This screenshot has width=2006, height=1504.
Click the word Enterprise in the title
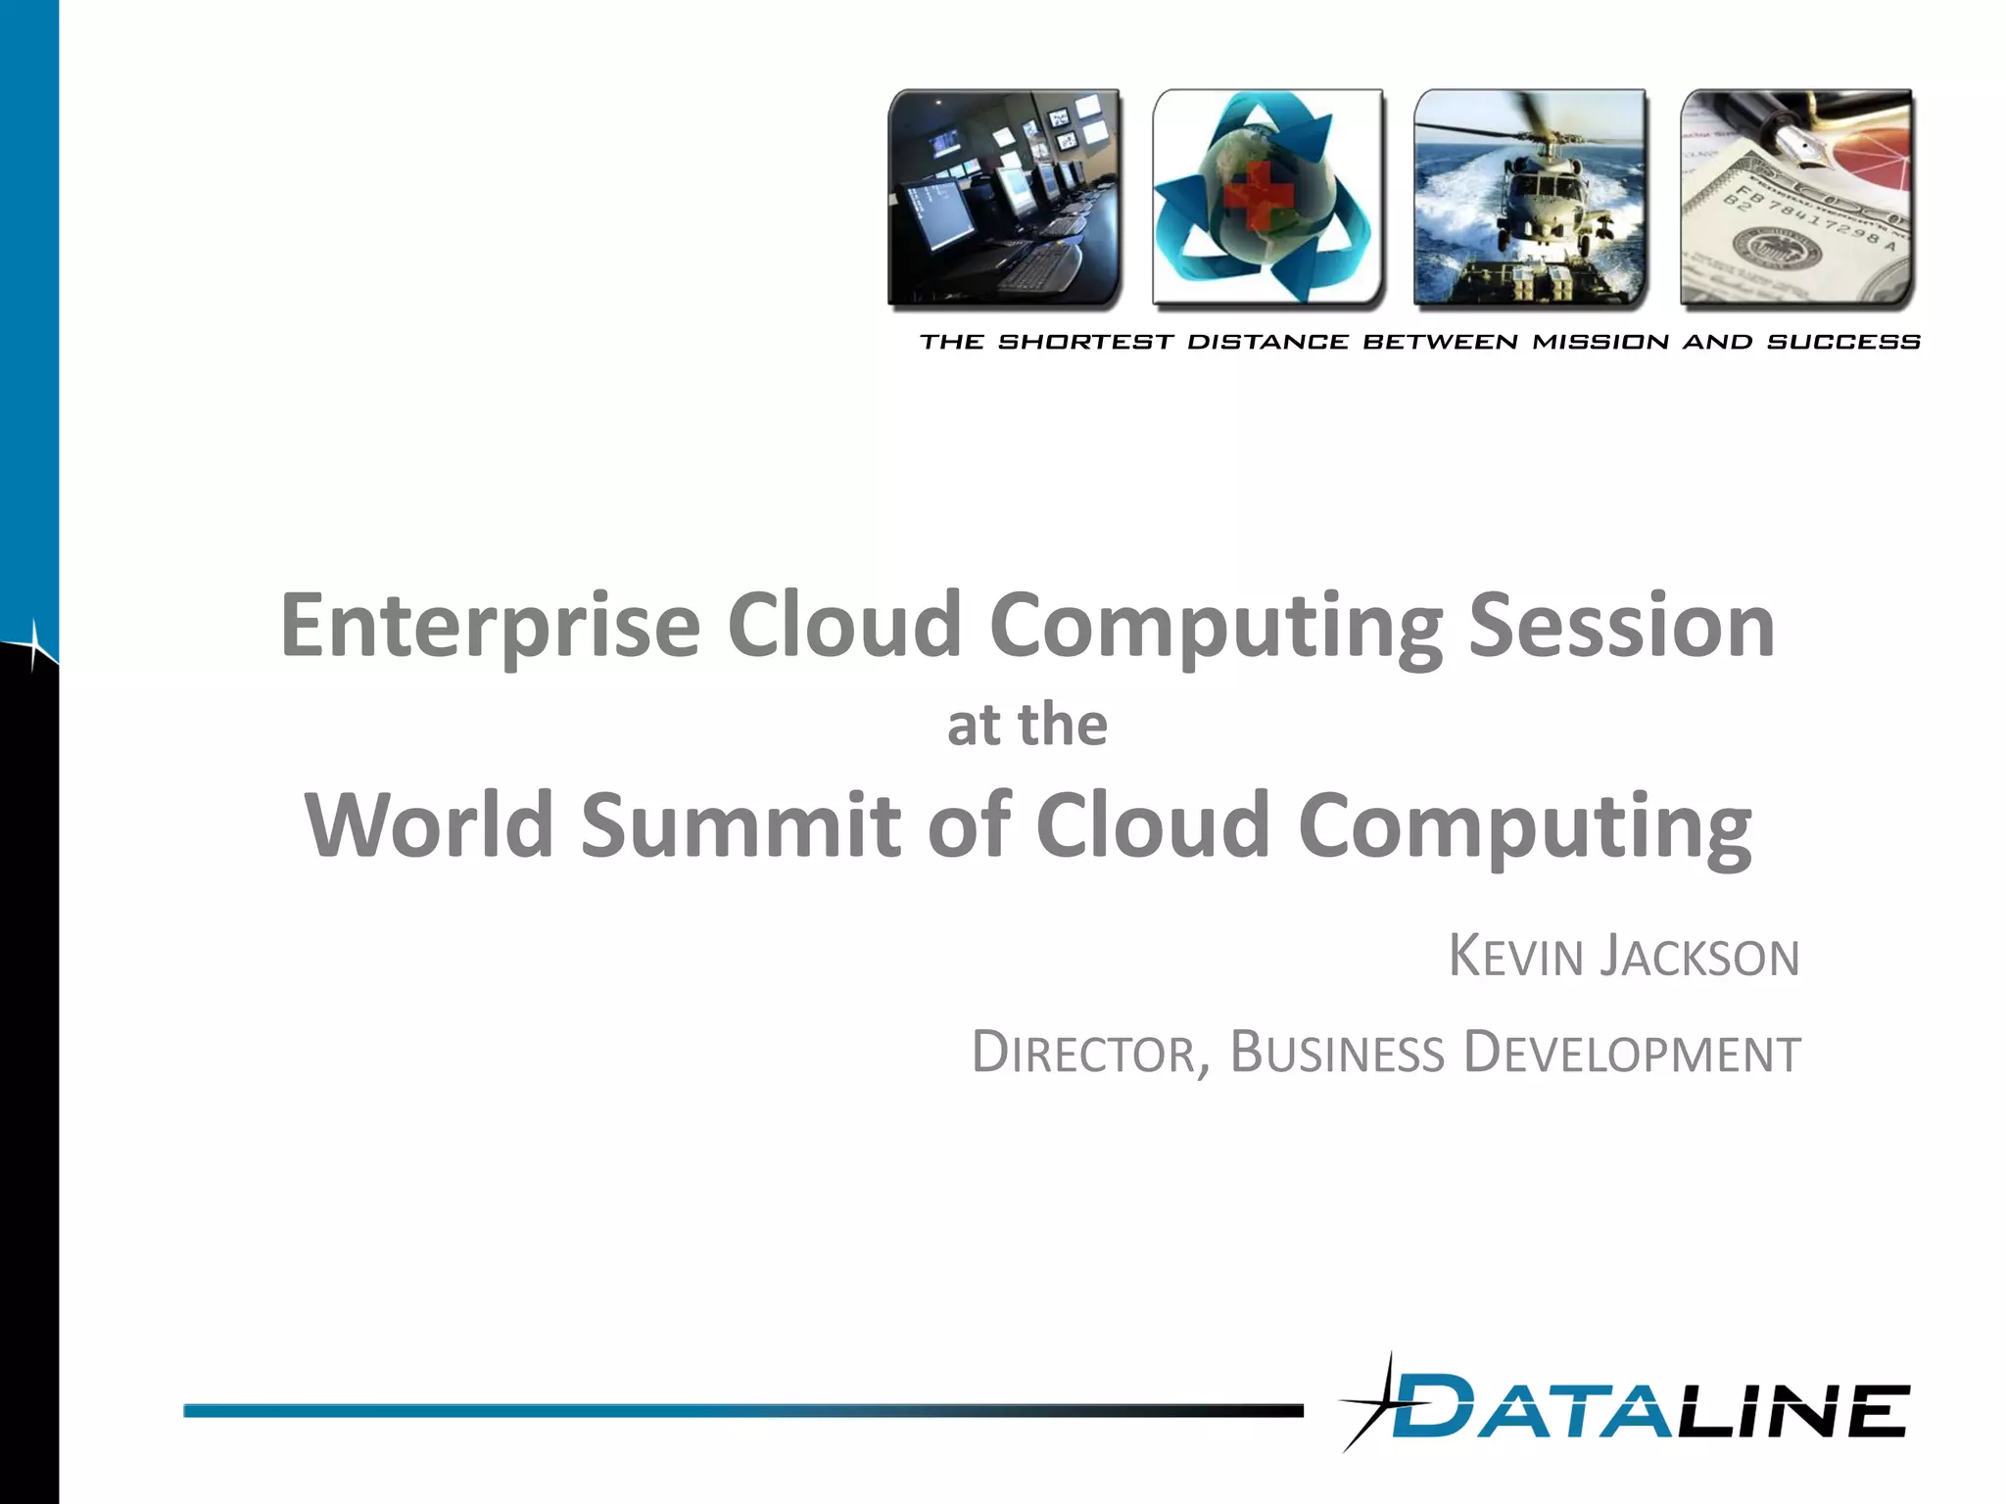point(490,627)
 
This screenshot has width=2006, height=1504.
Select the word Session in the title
point(1621,627)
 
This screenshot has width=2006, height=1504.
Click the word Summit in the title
point(740,824)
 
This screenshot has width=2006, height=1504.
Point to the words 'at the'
point(1027,726)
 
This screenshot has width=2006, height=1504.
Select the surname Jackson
point(1699,957)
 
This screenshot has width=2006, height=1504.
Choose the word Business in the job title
point(1337,1054)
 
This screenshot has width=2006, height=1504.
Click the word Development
point(1631,1054)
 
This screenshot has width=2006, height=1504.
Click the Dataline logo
point(1646,1410)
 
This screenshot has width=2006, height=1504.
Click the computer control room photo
point(1004,198)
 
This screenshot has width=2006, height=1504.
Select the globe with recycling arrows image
point(1267,198)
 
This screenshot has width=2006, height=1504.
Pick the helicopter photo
point(1530,198)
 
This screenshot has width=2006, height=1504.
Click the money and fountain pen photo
point(1796,198)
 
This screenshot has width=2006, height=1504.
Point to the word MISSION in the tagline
point(1600,342)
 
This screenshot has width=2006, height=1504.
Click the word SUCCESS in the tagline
point(1843,342)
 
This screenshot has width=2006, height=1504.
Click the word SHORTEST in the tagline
point(1085,342)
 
